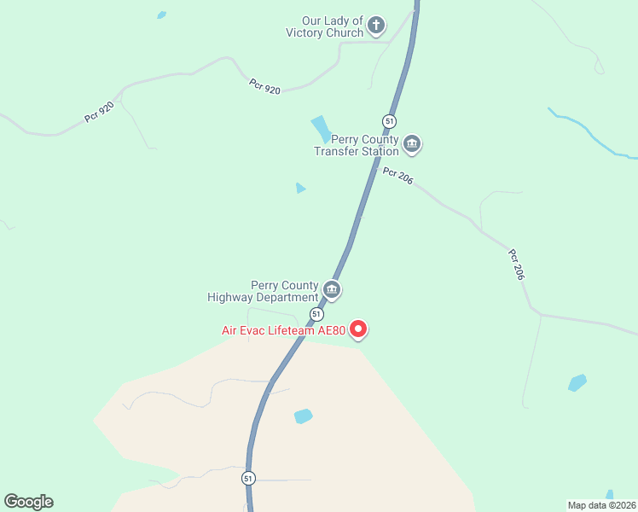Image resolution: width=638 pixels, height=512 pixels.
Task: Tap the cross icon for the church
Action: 377,26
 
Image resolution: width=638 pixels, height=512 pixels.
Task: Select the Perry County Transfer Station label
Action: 356,145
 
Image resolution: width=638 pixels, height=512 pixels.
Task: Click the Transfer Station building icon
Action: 412,143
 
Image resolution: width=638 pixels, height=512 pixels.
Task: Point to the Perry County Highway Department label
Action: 263,291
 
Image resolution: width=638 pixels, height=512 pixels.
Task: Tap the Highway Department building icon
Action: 332,290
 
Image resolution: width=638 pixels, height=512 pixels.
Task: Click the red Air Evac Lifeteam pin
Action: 359,328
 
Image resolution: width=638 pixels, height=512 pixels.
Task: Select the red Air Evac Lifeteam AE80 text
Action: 282,330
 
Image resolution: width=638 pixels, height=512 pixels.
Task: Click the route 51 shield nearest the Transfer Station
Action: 389,121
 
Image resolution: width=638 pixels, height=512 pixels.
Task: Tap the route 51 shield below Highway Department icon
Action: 316,314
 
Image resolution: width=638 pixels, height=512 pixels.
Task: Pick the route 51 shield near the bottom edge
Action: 247,478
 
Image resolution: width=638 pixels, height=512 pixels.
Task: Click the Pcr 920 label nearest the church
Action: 264,86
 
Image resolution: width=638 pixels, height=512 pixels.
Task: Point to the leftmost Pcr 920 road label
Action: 100,112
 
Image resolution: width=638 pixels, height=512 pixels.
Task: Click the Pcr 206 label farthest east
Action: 516,265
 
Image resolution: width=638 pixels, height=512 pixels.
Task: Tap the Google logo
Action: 28,502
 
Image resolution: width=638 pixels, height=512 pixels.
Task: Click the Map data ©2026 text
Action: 601,504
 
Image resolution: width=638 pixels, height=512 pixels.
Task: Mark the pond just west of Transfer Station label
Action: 321,130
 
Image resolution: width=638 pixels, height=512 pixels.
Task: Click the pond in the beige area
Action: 303,416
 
